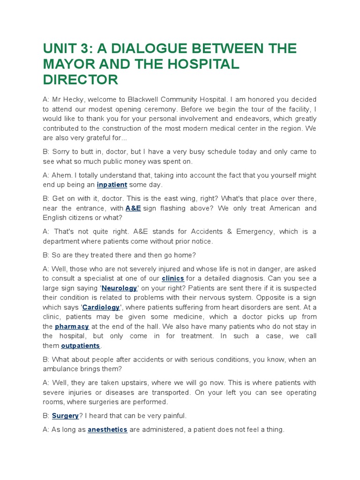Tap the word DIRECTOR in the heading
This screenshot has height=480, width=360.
click(x=81, y=80)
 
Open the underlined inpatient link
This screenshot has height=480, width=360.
click(x=112, y=185)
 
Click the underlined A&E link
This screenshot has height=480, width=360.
click(x=133, y=208)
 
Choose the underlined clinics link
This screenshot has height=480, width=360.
click(x=173, y=278)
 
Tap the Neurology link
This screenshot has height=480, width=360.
click(x=120, y=288)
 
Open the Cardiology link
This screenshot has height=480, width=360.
click(x=101, y=307)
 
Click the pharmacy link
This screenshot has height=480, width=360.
click(x=72, y=326)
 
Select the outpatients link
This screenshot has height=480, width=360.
click(x=81, y=345)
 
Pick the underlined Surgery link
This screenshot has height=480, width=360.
click(x=65, y=416)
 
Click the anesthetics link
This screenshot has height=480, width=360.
click(x=107, y=429)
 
